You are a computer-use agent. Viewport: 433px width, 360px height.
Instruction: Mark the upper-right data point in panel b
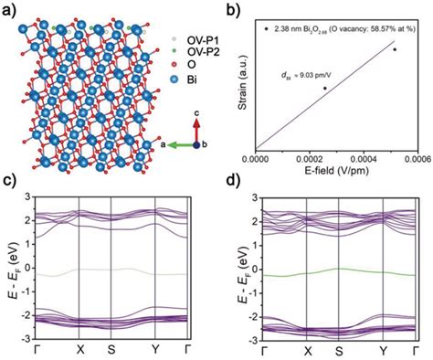(x=395, y=49)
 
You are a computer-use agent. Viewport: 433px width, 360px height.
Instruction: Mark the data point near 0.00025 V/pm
(x=324, y=89)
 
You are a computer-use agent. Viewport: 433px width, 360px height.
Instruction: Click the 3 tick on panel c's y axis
(x=27, y=197)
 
